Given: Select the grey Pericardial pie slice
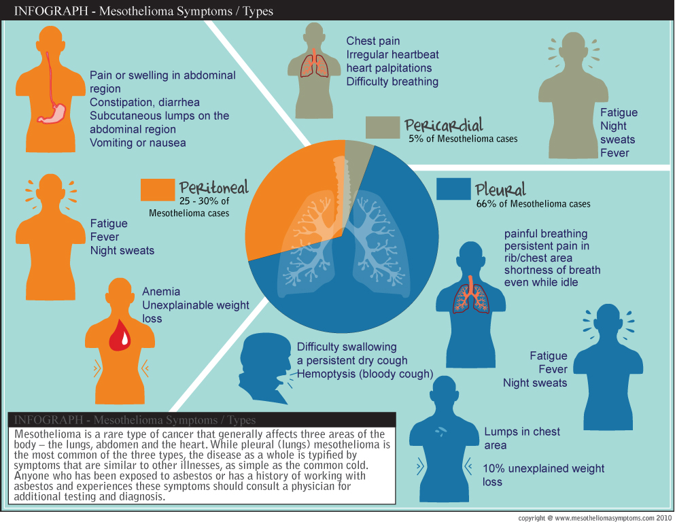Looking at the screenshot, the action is point(357,153).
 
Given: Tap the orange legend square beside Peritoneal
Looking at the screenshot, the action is point(157,190).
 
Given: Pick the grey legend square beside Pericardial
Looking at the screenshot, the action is point(382,127).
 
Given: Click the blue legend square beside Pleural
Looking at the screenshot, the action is point(453,190).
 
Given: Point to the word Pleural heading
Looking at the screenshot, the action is point(500,188).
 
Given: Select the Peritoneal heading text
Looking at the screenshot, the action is point(213,188).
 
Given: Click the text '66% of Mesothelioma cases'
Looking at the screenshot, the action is point(533,203).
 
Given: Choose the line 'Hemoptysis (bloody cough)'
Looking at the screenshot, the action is point(365,374).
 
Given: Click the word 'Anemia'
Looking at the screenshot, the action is point(161,292).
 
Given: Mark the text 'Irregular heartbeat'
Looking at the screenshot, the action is point(392,54).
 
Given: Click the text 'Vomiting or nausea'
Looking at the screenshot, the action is point(137,143).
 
